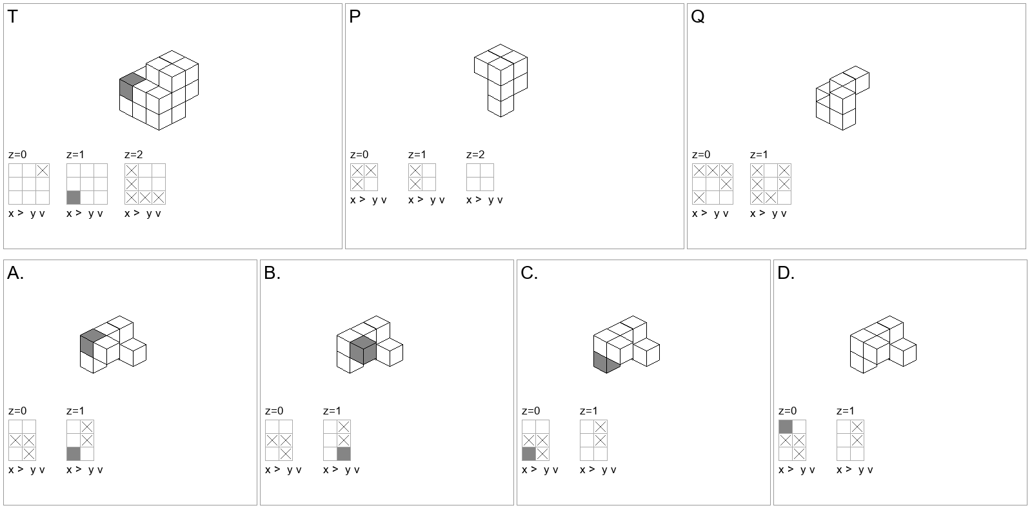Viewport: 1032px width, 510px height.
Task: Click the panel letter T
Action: coord(13,17)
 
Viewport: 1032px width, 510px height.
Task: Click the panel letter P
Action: coord(355,17)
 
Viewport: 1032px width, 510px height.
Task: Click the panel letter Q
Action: coord(697,17)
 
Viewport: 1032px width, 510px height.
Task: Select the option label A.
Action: coord(15,273)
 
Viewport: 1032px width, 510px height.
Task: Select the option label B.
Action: coord(272,273)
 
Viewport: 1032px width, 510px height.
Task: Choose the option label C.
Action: coord(529,273)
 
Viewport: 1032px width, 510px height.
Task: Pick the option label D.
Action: coord(786,273)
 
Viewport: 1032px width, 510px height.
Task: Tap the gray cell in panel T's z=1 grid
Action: coord(74,198)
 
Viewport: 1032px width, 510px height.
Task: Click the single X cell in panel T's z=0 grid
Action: coord(43,170)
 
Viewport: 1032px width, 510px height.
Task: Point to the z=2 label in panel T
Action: coord(134,154)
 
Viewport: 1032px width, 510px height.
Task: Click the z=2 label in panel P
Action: coord(475,154)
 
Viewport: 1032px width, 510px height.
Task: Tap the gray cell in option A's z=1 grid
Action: coord(74,454)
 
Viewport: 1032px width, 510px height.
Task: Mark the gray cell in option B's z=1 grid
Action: coord(344,454)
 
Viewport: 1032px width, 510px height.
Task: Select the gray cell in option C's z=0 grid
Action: coord(529,454)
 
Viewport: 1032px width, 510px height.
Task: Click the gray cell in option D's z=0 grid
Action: coord(786,427)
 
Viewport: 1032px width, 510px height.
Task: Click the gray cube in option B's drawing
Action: coord(363,351)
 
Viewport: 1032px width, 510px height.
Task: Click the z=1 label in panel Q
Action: coord(759,154)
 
